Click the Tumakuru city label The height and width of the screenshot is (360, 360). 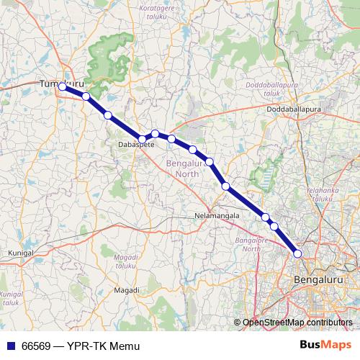[57, 84]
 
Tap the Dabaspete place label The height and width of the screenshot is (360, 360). [131, 144]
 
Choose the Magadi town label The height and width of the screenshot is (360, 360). [127, 289]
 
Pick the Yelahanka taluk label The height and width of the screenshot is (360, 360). [321, 192]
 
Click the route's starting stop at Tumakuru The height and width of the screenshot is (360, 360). [62, 87]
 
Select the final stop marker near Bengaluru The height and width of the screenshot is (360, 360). [297, 253]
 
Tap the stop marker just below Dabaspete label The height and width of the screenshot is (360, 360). [142, 138]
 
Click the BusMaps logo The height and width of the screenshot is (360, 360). [326, 346]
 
